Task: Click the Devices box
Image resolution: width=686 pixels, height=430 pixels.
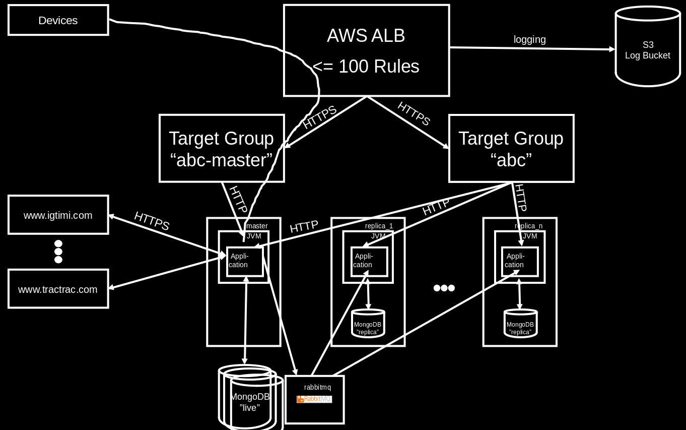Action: pyautogui.click(x=58, y=20)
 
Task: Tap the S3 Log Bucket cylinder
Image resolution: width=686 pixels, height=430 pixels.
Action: pyautogui.click(x=648, y=50)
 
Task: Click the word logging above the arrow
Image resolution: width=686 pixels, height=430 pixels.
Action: pyautogui.click(x=529, y=39)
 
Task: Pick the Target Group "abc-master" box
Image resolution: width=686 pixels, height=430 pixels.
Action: pyautogui.click(x=222, y=148)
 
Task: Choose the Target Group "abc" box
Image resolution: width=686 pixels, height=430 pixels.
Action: pyautogui.click(x=511, y=148)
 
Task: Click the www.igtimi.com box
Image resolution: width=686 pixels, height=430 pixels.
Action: pyautogui.click(x=58, y=215)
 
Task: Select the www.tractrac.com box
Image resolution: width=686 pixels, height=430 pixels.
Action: pyautogui.click(x=58, y=289)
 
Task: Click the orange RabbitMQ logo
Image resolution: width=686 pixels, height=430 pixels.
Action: pyautogui.click(x=314, y=399)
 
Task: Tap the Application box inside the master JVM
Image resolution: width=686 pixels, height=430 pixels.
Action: pyautogui.click(x=245, y=261)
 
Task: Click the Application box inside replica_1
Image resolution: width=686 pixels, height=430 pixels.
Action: pyautogui.click(x=369, y=261)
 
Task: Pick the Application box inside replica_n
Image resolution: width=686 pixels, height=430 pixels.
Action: pyautogui.click(x=520, y=261)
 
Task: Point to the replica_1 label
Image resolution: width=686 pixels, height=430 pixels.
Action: pyautogui.click(x=379, y=226)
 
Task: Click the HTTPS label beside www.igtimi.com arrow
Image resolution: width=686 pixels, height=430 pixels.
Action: pyautogui.click(x=152, y=221)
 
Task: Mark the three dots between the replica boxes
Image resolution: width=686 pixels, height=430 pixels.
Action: pyautogui.click(x=444, y=288)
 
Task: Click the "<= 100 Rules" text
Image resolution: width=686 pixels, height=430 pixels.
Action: pyautogui.click(x=366, y=67)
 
